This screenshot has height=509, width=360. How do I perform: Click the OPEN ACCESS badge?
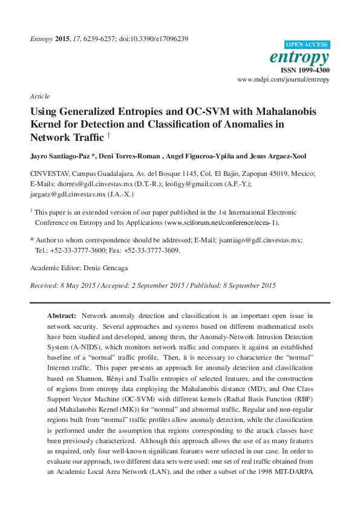pos(307,45)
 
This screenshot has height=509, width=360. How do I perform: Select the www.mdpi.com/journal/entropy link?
pos(283,79)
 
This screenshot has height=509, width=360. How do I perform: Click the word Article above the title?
pos(39,96)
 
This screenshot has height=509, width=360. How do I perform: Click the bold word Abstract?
pos(62,316)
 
